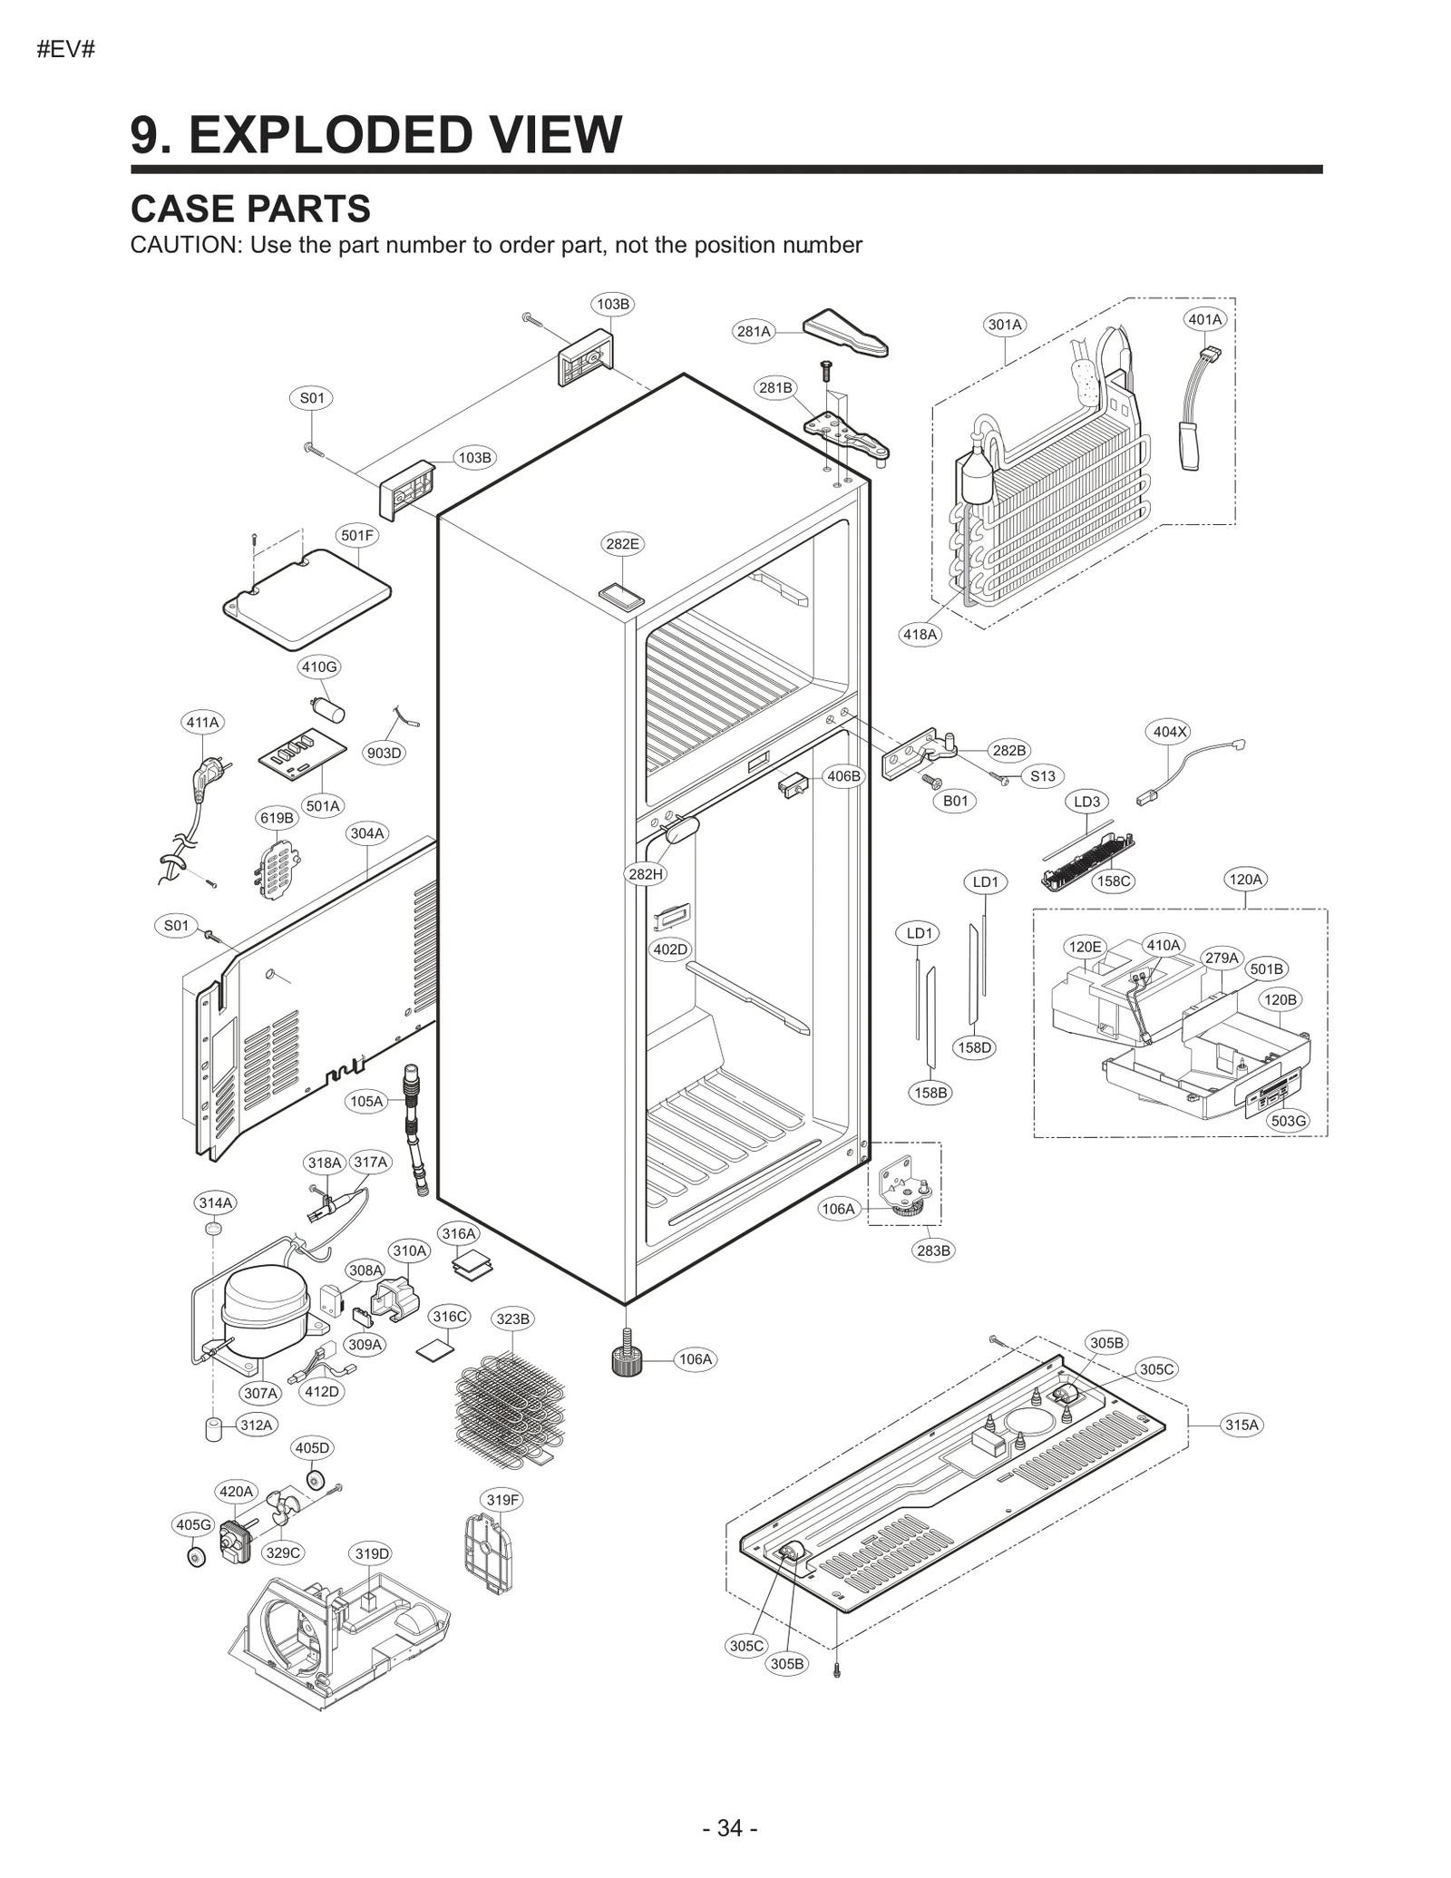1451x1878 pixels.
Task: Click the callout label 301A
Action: point(1005,325)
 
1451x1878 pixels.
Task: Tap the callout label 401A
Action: point(1205,319)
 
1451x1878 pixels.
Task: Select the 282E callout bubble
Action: point(622,544)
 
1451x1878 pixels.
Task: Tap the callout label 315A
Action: point(1242,1425)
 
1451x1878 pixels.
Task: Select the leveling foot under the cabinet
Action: point(625,1357)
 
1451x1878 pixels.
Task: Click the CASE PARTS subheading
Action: point(250,209)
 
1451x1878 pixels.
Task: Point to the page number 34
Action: point(730,1827)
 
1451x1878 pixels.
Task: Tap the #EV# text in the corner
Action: point(66,49)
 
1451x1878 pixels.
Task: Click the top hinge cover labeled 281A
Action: point(845,333)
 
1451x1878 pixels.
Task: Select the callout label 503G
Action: point(1289,1121)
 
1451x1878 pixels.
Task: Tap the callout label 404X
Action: point(1170,732)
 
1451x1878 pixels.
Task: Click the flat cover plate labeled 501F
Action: point(307,598)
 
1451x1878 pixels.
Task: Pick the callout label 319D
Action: point(372,1553)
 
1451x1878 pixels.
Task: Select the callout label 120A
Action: point(1244,879)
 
